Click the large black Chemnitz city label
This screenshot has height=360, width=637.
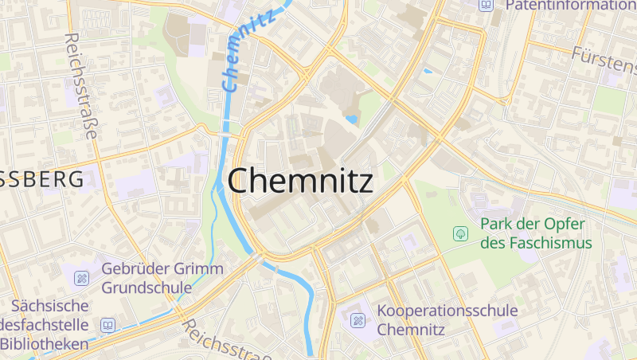point(300,182)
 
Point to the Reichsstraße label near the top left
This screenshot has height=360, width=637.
point(81,86)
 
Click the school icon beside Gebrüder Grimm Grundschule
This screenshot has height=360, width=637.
point(81,278)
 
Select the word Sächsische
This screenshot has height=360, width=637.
point(49,306)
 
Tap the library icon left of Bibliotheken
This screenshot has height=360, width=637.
point(107,325)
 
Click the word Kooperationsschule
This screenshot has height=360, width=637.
point(447,311)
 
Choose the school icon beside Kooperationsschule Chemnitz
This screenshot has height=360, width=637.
point(358,320)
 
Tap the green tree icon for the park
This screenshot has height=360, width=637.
point(459,233)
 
